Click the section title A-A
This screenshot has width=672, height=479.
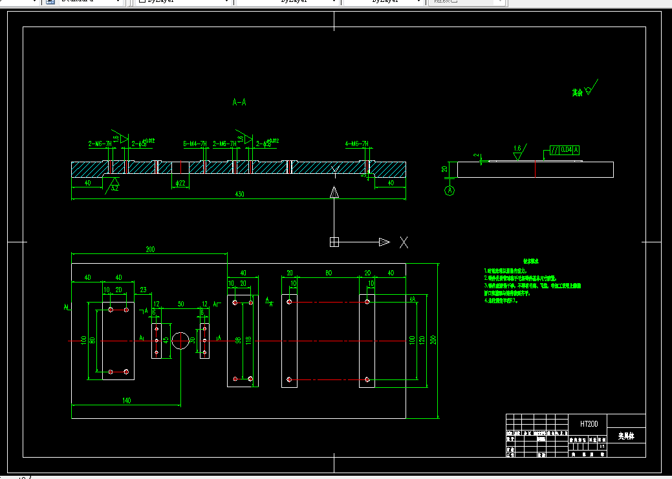coord(239,102)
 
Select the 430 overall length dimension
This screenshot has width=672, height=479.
coord(239,194)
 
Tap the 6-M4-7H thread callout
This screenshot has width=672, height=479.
coord(195,144)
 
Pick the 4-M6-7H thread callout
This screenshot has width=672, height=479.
coord(356,144)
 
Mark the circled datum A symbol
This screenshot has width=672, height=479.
coord(450,191)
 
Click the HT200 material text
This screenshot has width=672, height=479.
coord(589,424)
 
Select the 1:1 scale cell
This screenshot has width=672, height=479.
coord(603,446)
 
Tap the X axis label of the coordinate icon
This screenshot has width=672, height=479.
coord(404,242)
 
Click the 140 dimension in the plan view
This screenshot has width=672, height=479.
coord(126,401)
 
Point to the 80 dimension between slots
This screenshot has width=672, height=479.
coord(328,273)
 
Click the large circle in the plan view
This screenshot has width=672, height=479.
coord(180,339)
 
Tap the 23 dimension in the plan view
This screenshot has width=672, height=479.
coord(143,290)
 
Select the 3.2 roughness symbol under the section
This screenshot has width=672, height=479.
coord(114,187)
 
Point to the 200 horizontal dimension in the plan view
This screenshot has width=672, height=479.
coord(150,250)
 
